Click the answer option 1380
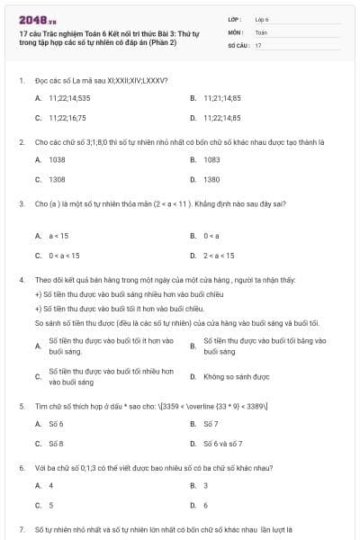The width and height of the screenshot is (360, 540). click(x=211, y=179)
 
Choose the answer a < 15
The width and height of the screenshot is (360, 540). click(x=58, y=236)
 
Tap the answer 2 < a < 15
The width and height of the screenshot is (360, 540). click(x=220, y=256)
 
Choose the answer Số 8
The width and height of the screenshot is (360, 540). click(x=56, y=443)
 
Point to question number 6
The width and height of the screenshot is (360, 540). click(x=21, y=468)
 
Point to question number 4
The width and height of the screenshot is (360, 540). click(x=21, y=280)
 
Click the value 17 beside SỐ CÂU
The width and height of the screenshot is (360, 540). click(x=258, y=44)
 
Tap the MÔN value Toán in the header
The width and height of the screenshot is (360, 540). click(x=261, y=31)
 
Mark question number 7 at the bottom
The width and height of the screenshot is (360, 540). click(x=21, y=529)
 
